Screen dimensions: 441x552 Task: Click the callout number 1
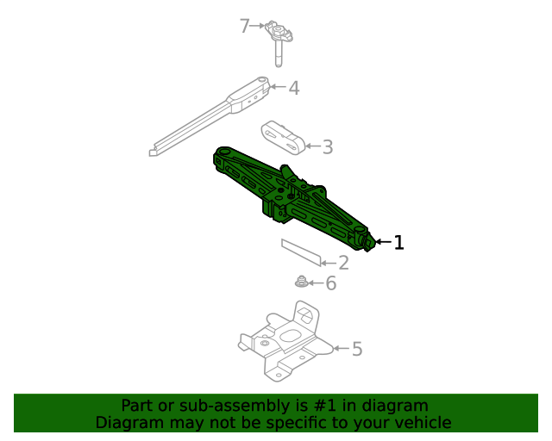(x=398, y=243)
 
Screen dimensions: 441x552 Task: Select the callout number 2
(x=342, y=264)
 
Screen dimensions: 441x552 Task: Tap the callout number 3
(x=327, y=147)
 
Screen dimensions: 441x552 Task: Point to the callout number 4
(x=293, y=88)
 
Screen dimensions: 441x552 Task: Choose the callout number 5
(x=356, y=349)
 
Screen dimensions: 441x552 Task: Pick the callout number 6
(x=329, y=283)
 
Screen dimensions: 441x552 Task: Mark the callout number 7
(x=244, y=26)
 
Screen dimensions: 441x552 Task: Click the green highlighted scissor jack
(x=293, y=198)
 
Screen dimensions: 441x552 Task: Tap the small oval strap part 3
(x=282, y=137)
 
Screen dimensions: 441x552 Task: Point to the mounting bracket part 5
(x=285, y=345)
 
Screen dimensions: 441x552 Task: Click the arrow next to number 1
(x=383, y=243)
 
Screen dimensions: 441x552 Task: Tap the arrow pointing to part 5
(x=340, y=349)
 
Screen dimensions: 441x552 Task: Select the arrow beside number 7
(x=258, y=27)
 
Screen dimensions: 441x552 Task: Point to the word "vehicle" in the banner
(x=422, y=423)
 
